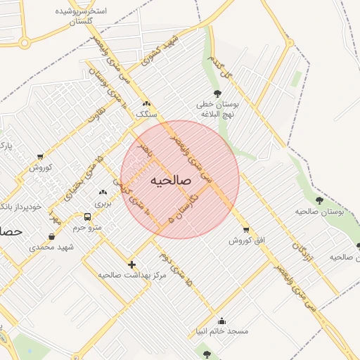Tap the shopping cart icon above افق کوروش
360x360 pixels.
[x=245, y=230]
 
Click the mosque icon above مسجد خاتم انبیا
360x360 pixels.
[x=222, y=321]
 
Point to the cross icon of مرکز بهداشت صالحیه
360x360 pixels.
[x=131, y=264]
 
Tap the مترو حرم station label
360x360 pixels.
[x=88, y=227]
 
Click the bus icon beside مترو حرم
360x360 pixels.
[x=88, y=217]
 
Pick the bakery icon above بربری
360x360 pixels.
[x=103, y=193]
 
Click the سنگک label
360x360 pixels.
[x=146, y=113]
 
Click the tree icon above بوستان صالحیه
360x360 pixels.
[x=319, y=200]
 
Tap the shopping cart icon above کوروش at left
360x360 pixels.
[x=39, y=157]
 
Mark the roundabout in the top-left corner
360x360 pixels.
[x=25, y=43]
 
